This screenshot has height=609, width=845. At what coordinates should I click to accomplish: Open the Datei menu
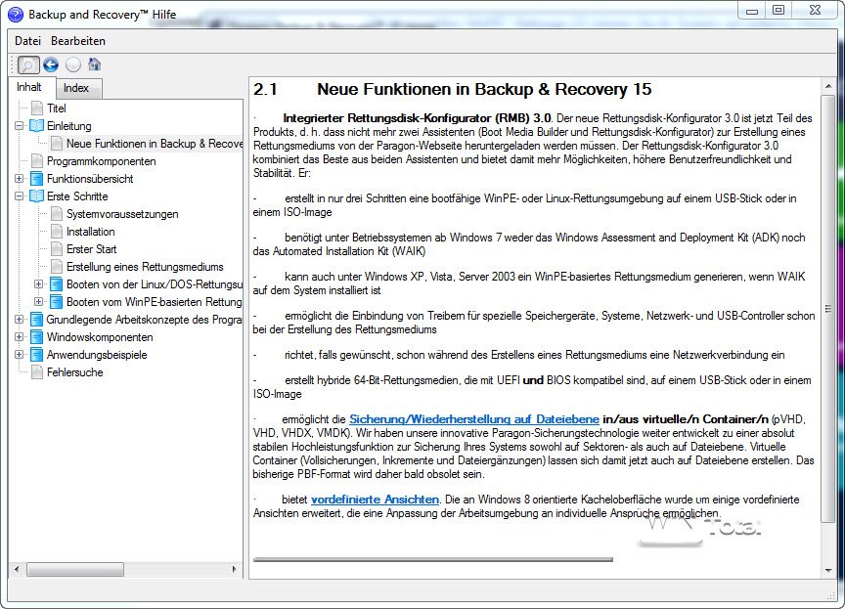(27, 41)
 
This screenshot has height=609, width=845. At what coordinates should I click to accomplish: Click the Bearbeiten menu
(78, 41)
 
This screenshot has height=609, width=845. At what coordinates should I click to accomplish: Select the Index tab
(76, 88)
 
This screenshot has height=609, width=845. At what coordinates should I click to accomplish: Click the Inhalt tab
(29, 87)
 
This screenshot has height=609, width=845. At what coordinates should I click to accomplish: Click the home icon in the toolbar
(95, 65)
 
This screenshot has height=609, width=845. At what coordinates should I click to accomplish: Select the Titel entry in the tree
(57, 109)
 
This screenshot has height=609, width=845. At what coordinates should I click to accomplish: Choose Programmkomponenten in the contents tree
(101, 161)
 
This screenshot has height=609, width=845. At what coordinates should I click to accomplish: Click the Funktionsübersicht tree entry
(90, 179)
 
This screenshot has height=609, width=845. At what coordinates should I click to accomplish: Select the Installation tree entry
(90, 232)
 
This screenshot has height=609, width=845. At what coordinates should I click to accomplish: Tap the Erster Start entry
(91, 249)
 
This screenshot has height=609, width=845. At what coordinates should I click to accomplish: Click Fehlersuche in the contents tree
(74, 372)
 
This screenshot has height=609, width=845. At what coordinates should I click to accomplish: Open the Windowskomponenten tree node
(99, 337)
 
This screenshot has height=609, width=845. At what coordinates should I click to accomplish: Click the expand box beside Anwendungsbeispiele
(20, 355)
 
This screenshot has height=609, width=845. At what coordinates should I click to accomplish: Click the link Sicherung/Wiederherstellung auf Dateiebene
(474, 418)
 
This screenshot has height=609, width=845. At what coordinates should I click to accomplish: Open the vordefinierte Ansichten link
(375, 500)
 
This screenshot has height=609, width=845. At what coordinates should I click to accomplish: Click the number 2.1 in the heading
(266, 90)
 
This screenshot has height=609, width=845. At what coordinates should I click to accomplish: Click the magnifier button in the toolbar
(28, 65)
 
